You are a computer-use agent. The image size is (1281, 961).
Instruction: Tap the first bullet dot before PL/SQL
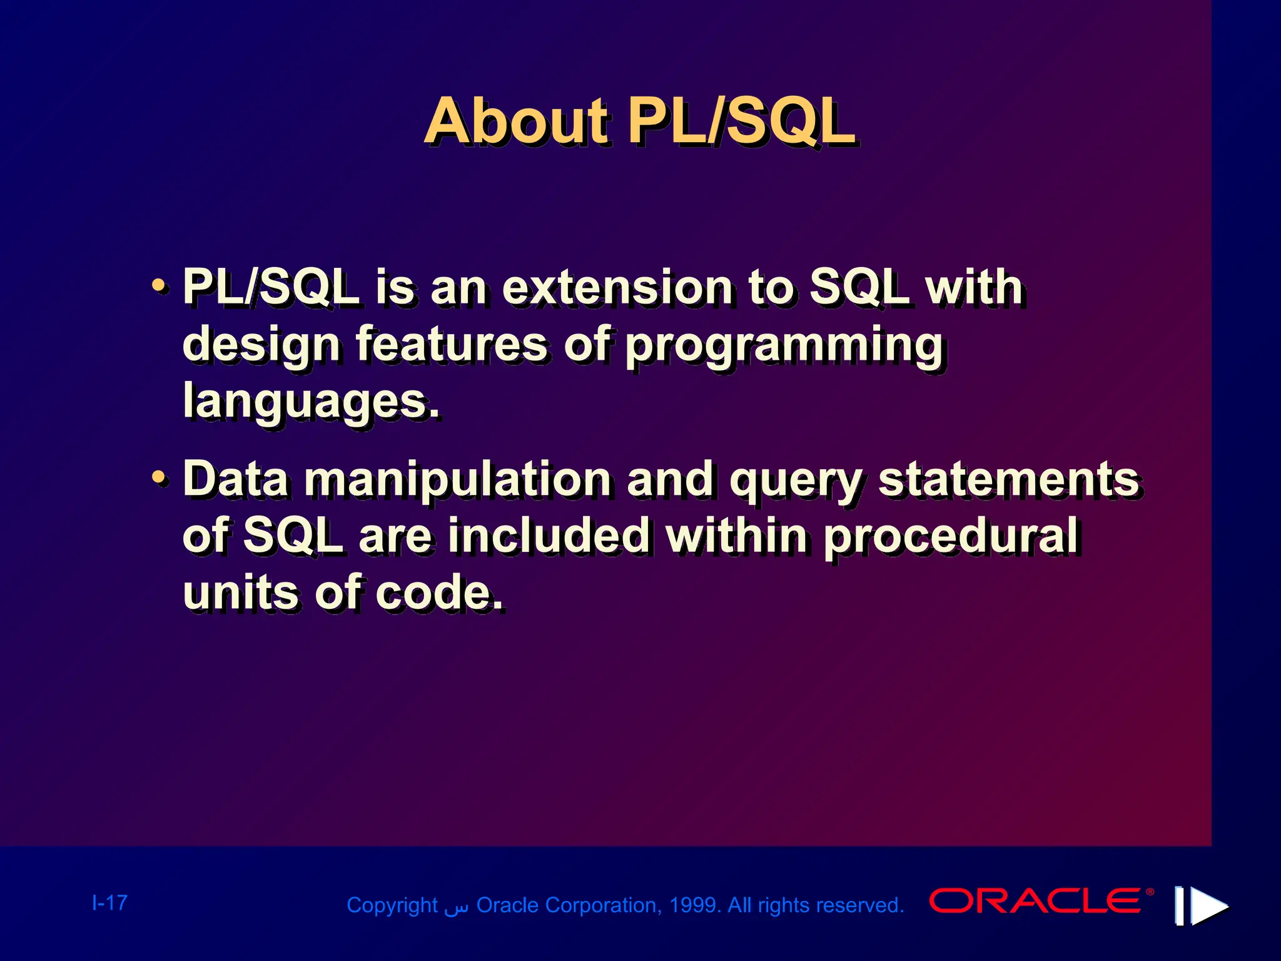tap(160, 287)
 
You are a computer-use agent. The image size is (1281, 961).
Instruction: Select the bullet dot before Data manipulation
tap(160, 479)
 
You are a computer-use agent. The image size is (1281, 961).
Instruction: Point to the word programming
tap(784, 345)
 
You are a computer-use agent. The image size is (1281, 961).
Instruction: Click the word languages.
tap(311, 401)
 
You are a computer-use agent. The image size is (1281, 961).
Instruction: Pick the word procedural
tap(950, 536)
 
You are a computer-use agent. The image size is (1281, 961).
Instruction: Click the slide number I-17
tap(109, 902)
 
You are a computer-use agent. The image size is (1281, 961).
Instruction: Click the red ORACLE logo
tap(1036, 901)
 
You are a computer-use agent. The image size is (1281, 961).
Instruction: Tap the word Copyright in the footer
tap(392, 905)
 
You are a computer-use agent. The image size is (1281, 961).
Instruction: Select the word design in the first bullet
tap(261, 345)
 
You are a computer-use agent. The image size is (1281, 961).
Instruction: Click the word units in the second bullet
tap(240, 592)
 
